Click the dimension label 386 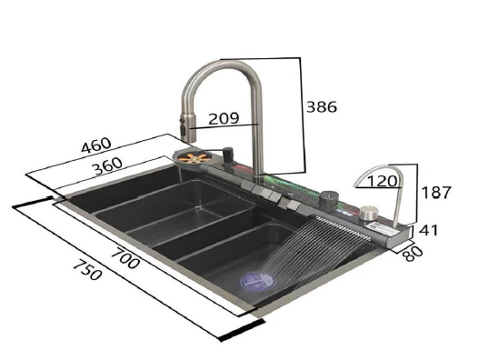(x=322, y=107)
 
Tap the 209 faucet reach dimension (x=224, y=118)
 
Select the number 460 (x=96, y=145)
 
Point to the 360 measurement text (x=108, y=166)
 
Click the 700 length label (x=125, y=258)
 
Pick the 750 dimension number (x=87, y=270)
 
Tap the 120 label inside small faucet (x=382, y=181)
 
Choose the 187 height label (x=436, y=193)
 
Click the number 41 (x=428, y=230)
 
